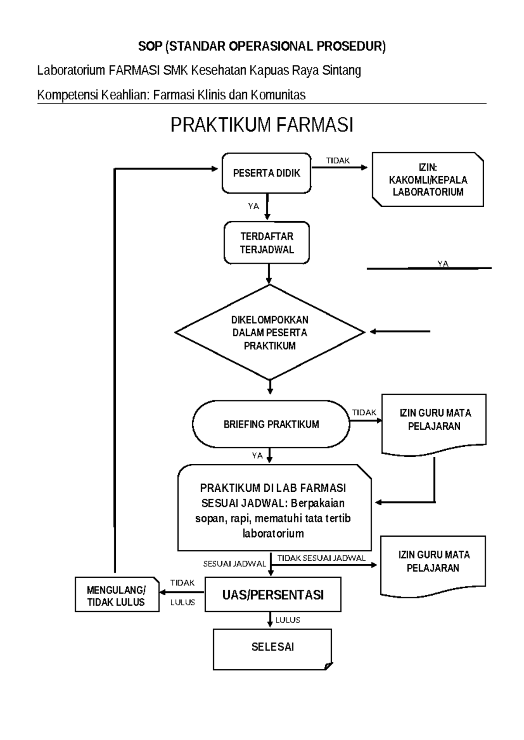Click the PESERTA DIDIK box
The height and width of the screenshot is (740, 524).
(266, 173)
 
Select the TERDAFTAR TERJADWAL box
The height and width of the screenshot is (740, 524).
(267, 243)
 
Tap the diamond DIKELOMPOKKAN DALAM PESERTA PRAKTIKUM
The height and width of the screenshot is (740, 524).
(269, 332)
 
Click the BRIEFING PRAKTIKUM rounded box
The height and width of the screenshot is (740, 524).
(271, 424)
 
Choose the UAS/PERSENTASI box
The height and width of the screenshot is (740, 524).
(273, 595)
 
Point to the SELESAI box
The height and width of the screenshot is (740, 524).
(272, 647)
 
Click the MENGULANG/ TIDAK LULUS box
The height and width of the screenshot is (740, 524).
(117, 596)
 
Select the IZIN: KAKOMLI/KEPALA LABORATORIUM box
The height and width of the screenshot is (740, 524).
(427, 179)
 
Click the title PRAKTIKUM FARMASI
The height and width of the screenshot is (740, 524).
(262, 125)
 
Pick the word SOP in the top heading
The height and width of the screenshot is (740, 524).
(150, 46)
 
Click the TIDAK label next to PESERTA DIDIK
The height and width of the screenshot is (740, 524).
(338, 161)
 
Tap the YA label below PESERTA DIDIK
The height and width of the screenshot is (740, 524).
(253, 206)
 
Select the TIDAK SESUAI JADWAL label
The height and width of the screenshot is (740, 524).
(321, 558)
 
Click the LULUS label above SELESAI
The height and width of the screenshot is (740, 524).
(288, 620)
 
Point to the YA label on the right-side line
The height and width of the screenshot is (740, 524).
(443, 264)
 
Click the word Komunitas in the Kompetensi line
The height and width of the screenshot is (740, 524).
(278, 95)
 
